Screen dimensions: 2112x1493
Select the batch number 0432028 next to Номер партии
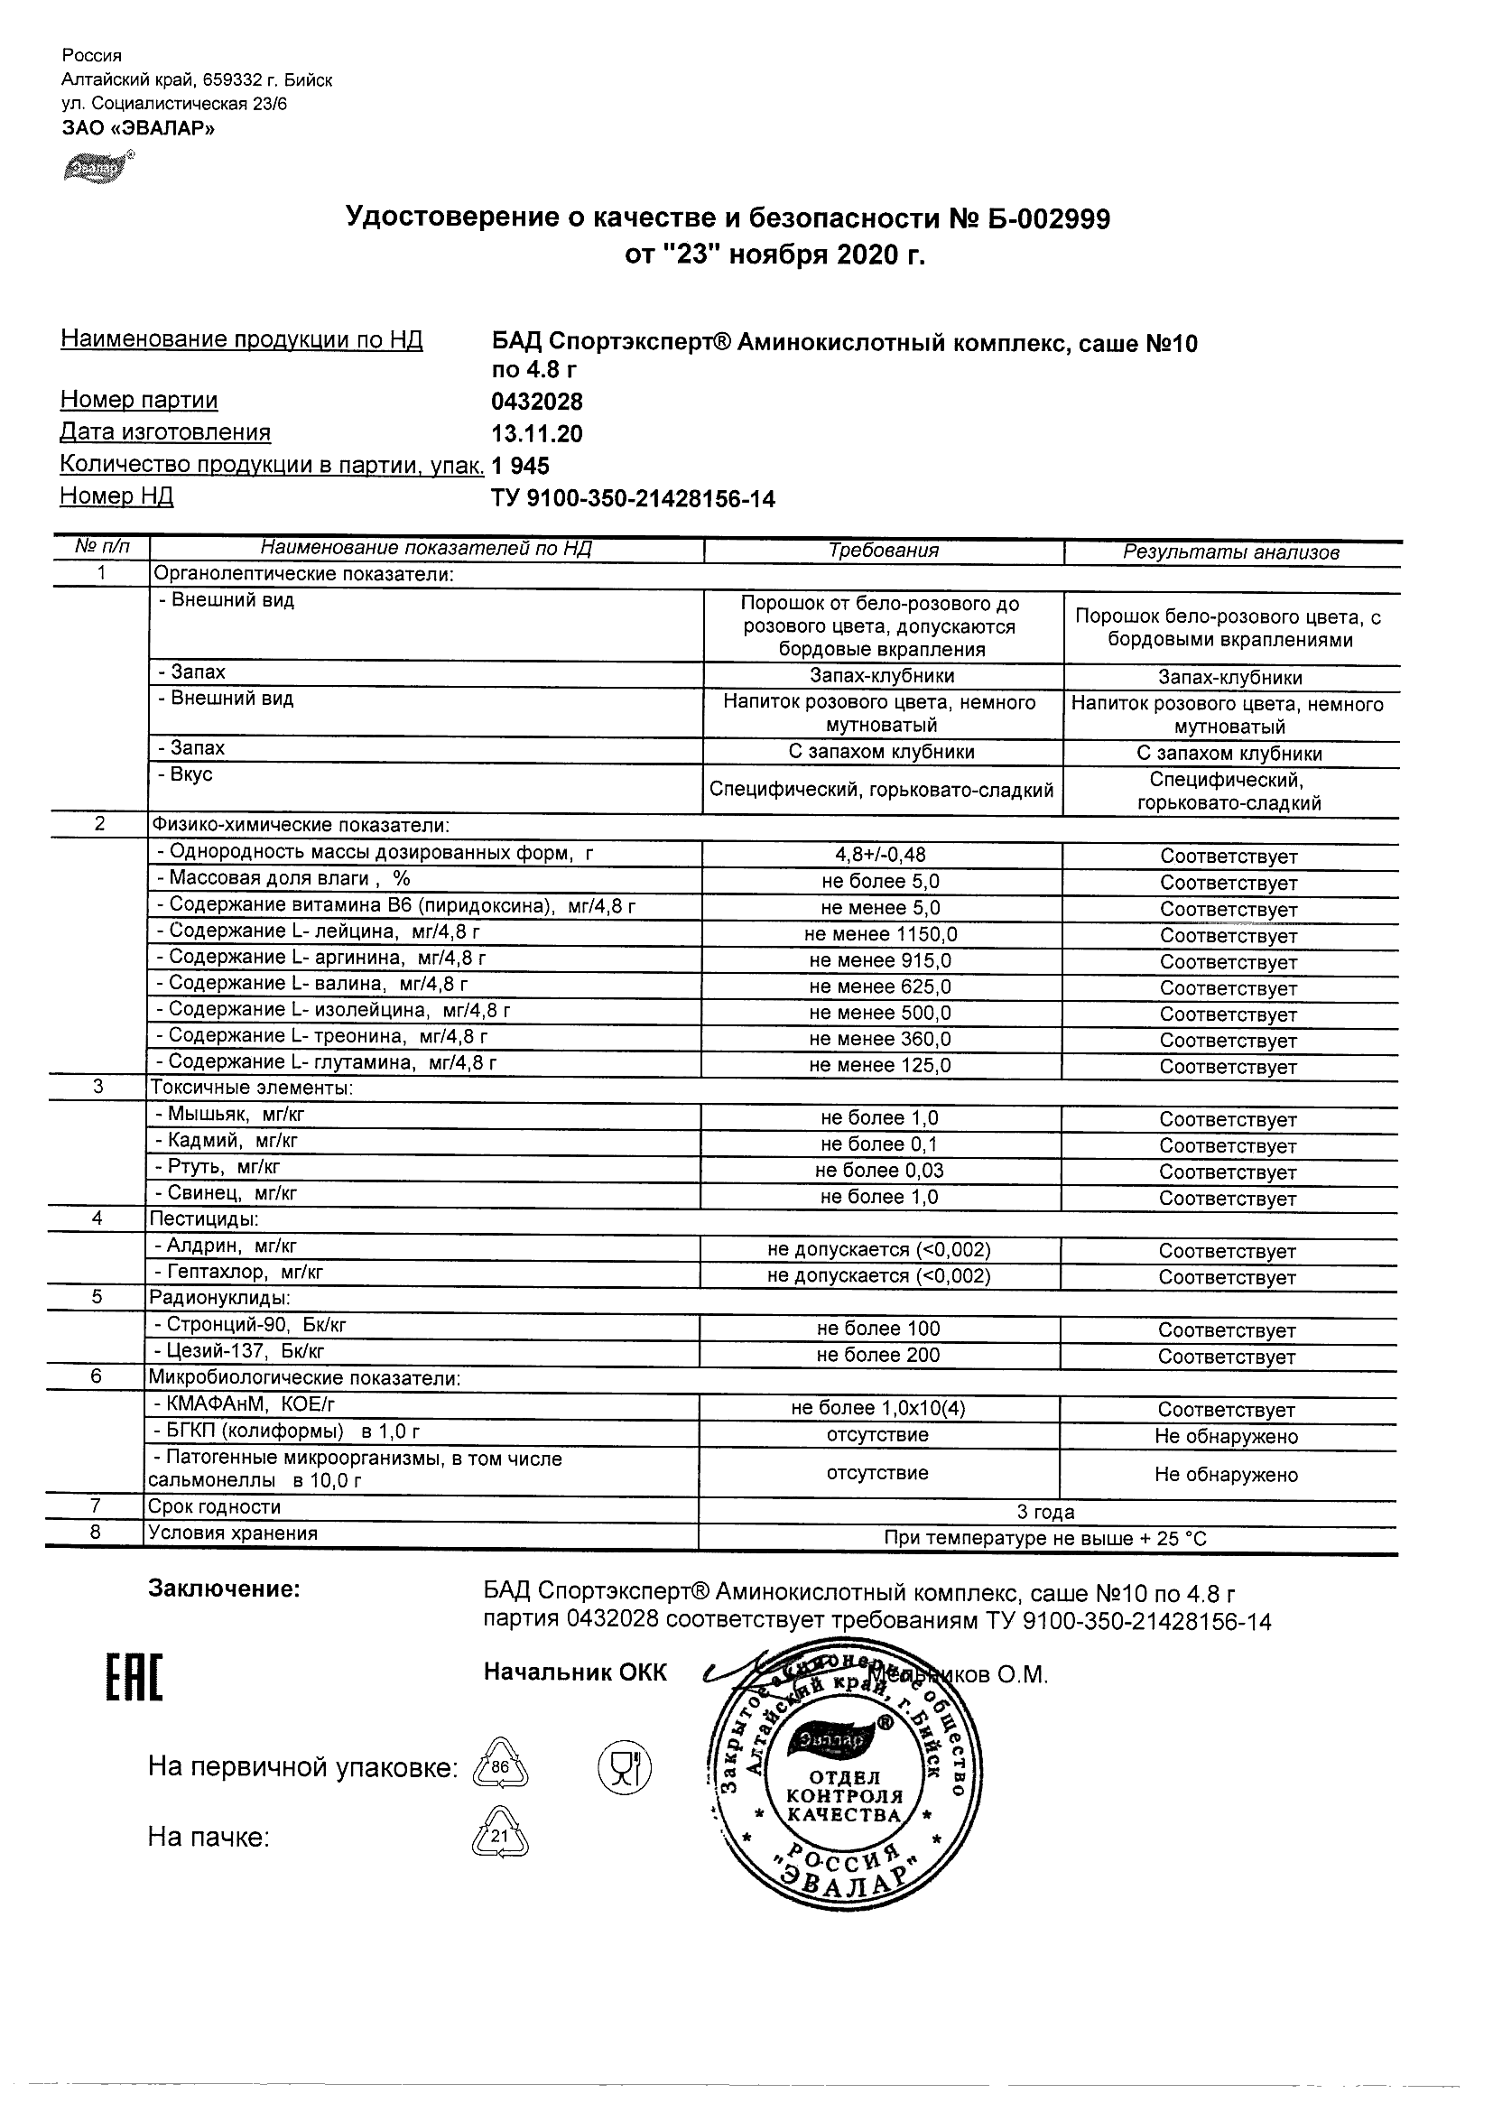(x=537, y=402)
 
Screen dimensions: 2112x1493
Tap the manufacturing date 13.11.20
(x=537, y=433)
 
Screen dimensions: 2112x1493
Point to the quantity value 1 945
(x=521, y=466)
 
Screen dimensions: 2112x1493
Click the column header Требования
(x=883, y=551)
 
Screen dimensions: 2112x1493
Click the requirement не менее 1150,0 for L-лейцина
(x=880, y=934)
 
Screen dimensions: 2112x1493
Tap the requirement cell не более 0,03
(x=879, y=1171)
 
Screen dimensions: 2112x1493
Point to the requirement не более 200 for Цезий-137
(x=877, y=1355)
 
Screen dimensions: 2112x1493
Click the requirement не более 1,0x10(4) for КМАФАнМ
(x=877, y=1408)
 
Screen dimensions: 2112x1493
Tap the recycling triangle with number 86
(x=499, y=1766)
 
